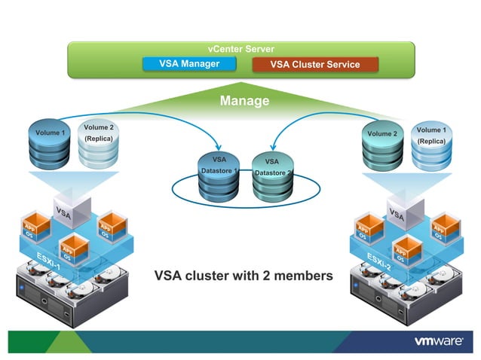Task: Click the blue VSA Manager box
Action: tap(189, 64)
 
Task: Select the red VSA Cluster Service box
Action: tap(315, 65)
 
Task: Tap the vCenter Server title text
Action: tap(240, 49)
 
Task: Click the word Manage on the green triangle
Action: tap(240, 101)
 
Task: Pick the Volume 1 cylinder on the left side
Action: tap(51, 145)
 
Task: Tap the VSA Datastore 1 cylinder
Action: tap(219, 175)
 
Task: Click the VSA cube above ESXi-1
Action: tap(72, 209)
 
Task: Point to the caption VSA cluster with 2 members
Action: tap(244, 276)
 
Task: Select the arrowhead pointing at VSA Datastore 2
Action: tap(272, 147)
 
